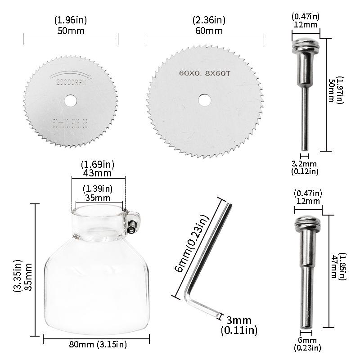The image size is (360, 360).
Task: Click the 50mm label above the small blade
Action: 71,31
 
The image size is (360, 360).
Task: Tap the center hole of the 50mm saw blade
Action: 70,99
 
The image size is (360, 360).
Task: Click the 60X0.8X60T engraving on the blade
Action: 205,72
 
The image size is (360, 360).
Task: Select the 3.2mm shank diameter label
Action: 305,164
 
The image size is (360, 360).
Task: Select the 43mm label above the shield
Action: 98,173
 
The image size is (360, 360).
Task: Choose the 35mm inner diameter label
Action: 98,197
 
